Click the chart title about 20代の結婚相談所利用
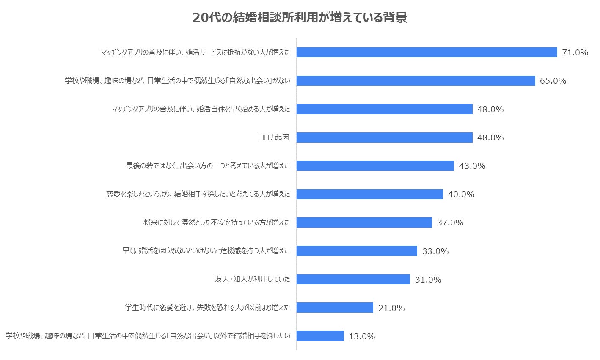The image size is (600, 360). tap(300, 18)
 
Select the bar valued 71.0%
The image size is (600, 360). tap(427, 52)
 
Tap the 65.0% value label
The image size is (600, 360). tap(553, 81)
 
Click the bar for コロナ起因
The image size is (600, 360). tap(384, 137)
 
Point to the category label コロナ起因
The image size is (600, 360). tap(274, 137)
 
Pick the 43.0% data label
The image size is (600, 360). tap(472, 166)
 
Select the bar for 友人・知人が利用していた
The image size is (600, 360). tap(353, 279)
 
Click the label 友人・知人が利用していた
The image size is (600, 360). tap(252, 279)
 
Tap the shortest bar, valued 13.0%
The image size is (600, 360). tap(320, 336)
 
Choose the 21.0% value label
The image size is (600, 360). tap(391, 308)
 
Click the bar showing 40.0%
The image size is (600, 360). tap(369, 194)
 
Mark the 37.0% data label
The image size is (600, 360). tap(450, 223)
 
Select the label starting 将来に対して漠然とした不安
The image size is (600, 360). tap(217, 223)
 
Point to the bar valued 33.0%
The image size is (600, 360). tap(357, 251)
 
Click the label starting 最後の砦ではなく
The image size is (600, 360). tap(207, 166)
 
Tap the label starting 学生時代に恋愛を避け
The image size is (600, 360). tap(207, 308)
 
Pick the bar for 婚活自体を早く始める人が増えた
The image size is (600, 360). tap(384, 109)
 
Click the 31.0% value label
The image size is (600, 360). tap(428, 280)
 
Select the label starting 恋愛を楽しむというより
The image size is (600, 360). tap(198, 194)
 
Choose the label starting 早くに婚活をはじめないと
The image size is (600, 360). tap(206, 251)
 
